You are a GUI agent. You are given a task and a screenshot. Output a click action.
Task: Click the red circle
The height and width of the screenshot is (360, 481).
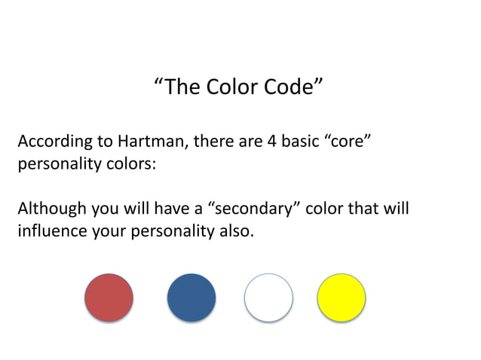(x=109, y=297)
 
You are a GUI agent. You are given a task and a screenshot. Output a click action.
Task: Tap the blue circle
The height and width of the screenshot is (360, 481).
(x=191, y=297)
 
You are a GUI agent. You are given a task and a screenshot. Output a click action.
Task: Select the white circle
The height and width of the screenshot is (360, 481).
(x=268, y=297)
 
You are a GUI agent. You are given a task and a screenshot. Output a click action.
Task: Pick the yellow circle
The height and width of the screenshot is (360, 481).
(x=341, y=297)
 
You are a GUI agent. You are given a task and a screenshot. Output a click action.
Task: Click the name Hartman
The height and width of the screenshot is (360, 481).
(x=145, y=142)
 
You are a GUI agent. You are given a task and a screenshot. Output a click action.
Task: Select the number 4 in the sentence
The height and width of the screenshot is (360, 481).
(x=272, y=142)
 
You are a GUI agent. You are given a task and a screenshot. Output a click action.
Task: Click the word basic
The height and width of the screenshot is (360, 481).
(x=301, y=142)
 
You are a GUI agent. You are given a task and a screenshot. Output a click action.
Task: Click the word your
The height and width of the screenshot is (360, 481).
(x=109, y=230)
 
